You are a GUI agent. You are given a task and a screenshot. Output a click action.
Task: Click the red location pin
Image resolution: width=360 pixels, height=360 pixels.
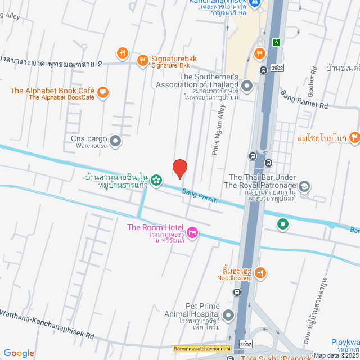[179, 169]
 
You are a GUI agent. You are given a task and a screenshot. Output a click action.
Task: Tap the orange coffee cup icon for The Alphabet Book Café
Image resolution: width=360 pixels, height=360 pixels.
[102, 91]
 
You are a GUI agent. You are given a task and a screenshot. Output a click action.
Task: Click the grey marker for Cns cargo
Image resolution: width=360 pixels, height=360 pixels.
[115, 141]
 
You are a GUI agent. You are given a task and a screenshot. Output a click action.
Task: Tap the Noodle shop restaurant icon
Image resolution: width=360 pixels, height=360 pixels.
[259, 272]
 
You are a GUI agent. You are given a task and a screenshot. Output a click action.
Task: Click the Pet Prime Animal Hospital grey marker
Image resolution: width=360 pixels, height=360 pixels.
[228, 316]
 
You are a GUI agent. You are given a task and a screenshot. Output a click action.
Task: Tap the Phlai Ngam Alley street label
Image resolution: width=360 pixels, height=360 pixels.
[220, 129]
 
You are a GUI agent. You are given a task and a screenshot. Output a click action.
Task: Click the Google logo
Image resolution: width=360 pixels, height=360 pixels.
[19, 353]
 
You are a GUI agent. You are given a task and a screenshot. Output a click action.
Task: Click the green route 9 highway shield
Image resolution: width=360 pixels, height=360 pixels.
[276, 42]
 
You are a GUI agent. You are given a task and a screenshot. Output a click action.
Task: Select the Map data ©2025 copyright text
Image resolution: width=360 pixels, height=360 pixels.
[336, 355]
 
